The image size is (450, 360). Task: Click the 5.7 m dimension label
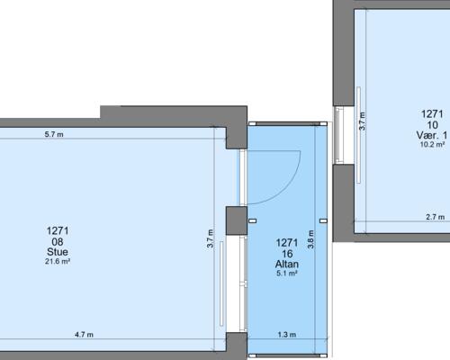(54, 134)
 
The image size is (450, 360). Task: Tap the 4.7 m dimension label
(84, 334)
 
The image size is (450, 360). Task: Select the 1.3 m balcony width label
(287, 334)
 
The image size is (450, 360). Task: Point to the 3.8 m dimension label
(310, 239)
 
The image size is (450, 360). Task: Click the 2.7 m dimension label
(436, 217)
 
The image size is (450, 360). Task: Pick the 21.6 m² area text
(58, 261)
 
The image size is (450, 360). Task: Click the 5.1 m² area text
(287, 274)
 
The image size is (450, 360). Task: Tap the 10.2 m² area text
(432, 144)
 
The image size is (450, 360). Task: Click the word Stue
(58, 252)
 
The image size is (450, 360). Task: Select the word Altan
(287, 264)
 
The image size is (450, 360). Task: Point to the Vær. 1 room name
(432, 135)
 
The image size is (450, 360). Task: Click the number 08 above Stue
(58, 241)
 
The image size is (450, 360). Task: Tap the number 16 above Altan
(287, 254)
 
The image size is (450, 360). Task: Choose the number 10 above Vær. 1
(432, 125)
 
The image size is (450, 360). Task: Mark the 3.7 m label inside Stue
(210, 238)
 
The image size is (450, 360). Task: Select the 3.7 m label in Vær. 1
(362, 121)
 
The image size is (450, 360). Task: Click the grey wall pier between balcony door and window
(237, 220)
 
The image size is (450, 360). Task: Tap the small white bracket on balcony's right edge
(323, 221)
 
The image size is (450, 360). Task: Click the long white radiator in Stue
(221, 283)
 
